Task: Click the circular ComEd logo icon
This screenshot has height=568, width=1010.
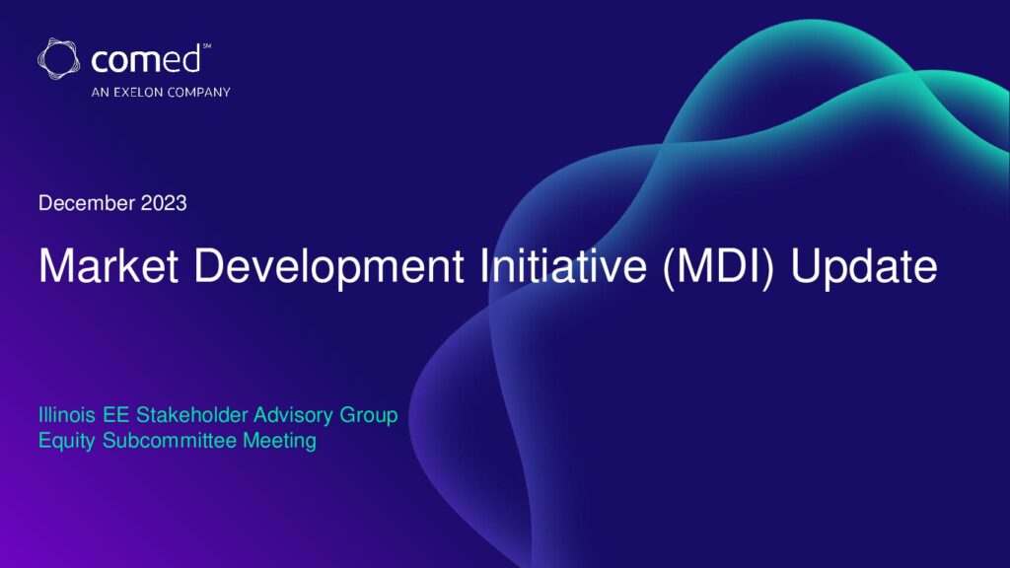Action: click(58, 58)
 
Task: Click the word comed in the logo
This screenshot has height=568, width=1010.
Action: click(146, 60)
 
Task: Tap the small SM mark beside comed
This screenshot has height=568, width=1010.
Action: click(207, 45)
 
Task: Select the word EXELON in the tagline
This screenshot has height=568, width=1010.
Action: click(138, 92)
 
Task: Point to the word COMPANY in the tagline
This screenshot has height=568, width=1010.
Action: click(198, 92)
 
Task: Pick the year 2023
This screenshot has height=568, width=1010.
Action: click(164, 203)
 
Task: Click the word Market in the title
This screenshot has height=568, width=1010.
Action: click(108, 265)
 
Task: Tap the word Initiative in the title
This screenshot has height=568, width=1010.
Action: click(563, 265)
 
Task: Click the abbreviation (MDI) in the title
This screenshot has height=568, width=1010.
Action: click(718, 267)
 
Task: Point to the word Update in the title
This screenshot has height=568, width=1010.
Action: click(864, 267)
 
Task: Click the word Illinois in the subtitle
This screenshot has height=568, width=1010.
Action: click(67, 415)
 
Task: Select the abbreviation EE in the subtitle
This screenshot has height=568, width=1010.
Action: click(116, 415)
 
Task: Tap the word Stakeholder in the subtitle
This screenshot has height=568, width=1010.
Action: click(192, 415)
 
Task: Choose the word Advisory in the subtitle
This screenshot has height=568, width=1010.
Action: click(293, 417)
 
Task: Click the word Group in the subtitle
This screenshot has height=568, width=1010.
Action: click(369, 417)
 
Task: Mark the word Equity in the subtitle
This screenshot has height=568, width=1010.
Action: click(67, 442)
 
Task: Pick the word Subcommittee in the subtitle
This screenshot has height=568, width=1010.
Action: click(170, 441)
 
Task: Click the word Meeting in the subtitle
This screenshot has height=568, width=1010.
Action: click(279, 442)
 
